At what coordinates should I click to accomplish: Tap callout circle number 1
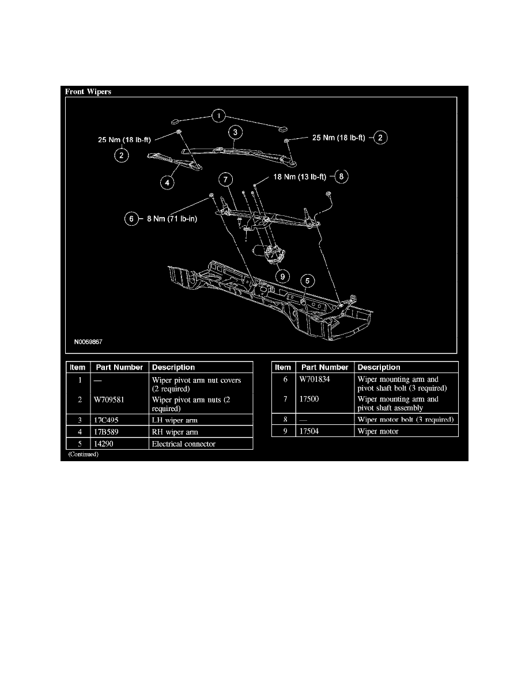(x=218, y=117)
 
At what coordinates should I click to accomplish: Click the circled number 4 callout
(x=167, y=183)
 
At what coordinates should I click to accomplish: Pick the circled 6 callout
(x=132, y=219)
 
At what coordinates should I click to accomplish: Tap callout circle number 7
(x=225, y=179)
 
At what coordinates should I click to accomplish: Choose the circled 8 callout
(x=341, y=177)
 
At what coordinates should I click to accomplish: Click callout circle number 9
(x=283, y=275)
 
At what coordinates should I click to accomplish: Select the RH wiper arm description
(x=175, y=432)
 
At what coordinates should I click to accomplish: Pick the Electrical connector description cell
(x=184, y=444)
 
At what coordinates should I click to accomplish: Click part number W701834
(x=316, y=379)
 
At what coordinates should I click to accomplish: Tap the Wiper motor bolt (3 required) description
(x=406, y=419)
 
